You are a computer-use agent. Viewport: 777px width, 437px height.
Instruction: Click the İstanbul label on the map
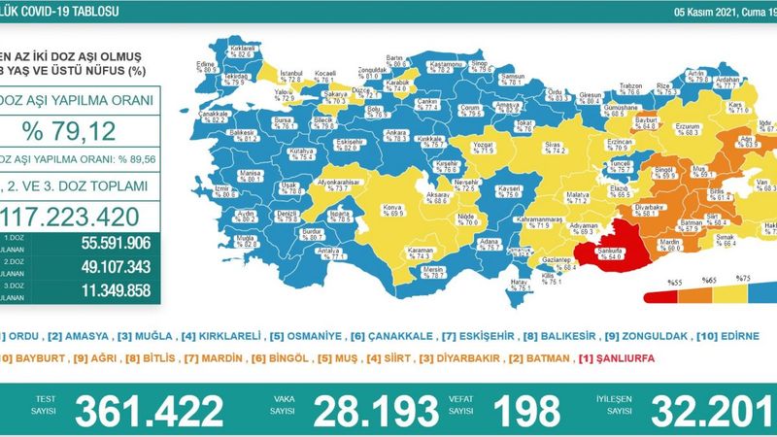point(291,73)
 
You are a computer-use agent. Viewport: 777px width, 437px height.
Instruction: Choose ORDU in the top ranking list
point(21,336)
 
